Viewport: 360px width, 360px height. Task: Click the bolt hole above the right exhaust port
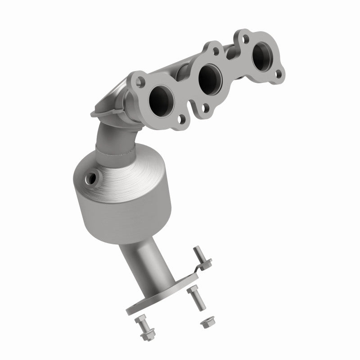(x=244, y=34)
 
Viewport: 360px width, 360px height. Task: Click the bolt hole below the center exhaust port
(x=206, y=108)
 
